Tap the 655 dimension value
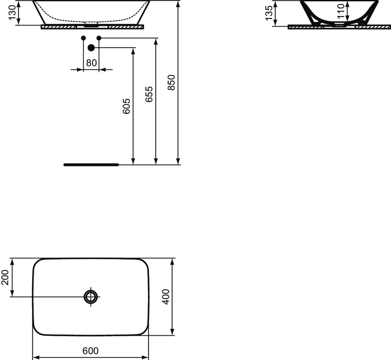tap(149, 94)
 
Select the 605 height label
tap(126, 106)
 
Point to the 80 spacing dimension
tap(92, 63)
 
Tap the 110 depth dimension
tap(340, 11)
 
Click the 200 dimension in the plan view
tap(6, 277)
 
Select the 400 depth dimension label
tap(166, 297)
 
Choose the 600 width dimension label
tap(90, 351)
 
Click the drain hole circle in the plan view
tap(91, 297)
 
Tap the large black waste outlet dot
tap(91, 48)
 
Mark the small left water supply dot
tap(83, 38)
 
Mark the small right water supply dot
tap(99, 38)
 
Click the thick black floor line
tap(92, 165)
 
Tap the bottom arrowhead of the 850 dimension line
tap(178, 161)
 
